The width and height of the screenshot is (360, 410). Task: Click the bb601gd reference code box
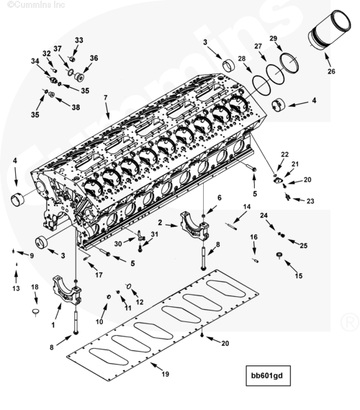click(x=268, y=375)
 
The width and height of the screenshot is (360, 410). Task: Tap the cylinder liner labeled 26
click(x=330, y=30)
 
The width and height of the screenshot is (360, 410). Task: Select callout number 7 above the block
click(x=106, y=97)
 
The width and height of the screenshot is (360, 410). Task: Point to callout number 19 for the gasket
click(x=166, y=374)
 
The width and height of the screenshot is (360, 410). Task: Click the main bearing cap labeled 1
click(x=67, y=290)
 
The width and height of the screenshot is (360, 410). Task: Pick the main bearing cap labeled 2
click(x=194, y=226)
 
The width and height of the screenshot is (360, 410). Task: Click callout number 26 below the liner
click(x=331, y=71)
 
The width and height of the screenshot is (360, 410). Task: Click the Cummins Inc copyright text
click(x=36, y=4)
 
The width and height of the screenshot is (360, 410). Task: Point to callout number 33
click(x=79, y=40)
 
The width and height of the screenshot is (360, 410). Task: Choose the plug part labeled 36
click(x=78, y=76)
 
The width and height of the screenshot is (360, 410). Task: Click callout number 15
click(x=299, y=275)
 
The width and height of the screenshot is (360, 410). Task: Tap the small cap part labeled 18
click(x=35, y=312)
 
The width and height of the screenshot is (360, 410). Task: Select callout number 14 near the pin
click(x=247, y=207)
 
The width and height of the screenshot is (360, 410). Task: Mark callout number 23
click(x=310, y=201)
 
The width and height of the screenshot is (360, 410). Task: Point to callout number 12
click(x=140, y=302)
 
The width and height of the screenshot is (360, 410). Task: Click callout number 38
click(x=76, y=107)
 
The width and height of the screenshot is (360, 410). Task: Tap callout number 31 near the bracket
click(x=154, y=234)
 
